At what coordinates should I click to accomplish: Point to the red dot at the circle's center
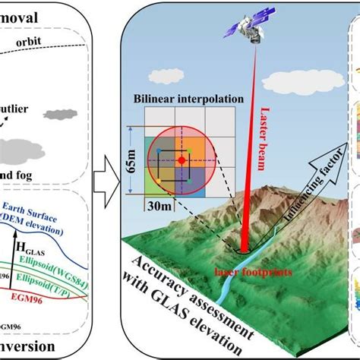[181, 162]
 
